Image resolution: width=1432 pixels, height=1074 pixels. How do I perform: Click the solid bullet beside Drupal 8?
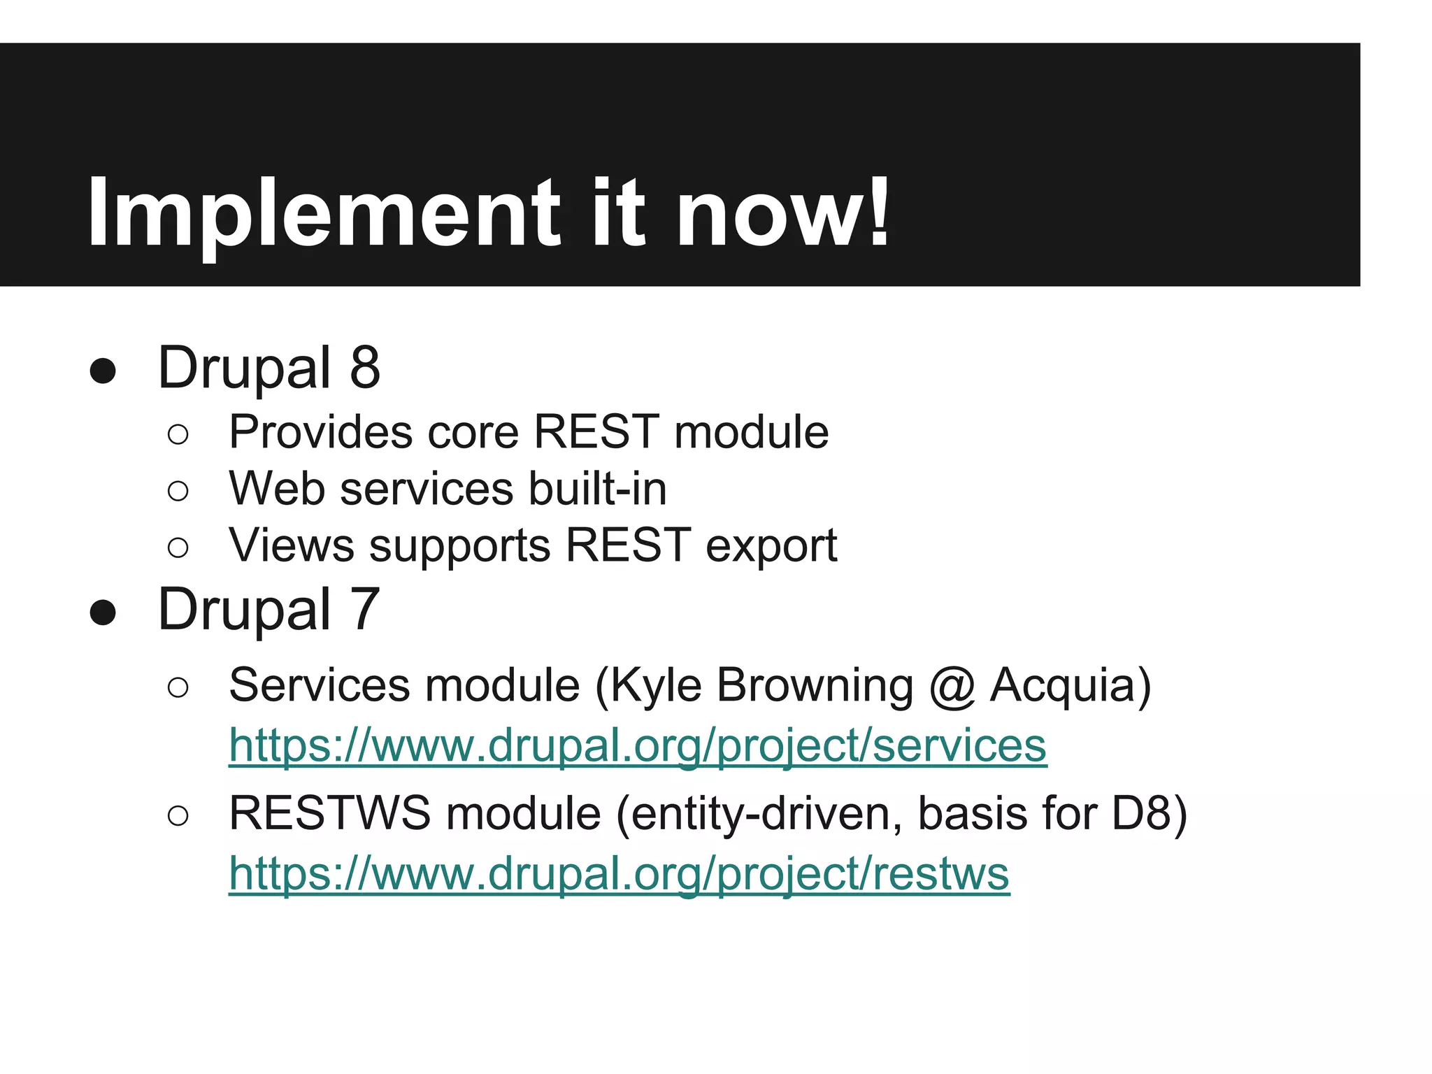(x=103, y=371)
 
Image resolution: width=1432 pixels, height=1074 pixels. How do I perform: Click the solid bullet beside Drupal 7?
(x=103, y=613)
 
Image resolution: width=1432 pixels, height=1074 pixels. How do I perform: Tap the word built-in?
(x=597, y=488)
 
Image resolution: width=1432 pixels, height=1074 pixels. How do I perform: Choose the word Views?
(x=291, y=545)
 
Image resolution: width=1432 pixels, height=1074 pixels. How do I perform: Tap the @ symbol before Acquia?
(x=952, y=687)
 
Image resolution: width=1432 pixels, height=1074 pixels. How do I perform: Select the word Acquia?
(x=1070, y=685)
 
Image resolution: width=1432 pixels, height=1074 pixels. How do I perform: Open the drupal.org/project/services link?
(x=637, y=745)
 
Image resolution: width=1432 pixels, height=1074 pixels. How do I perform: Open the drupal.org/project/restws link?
(x=619, y=874)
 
